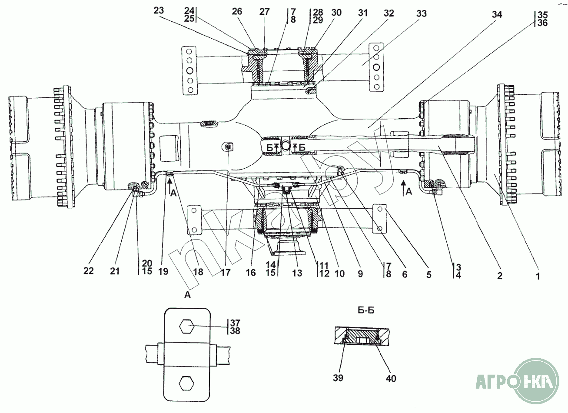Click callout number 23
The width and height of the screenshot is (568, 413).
coord(159,10)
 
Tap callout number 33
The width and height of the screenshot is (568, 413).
coord(422,13)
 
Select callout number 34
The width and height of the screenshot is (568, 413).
coord(497,15)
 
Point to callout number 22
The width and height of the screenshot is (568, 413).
coord(89,271)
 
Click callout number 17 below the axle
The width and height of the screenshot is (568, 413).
coord(226,273)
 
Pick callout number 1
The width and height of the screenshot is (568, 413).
coord(538,276)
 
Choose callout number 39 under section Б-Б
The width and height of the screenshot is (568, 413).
coord(338,378)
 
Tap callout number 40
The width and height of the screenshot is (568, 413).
coord(391,379)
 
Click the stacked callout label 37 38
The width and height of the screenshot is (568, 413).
coord(235,327)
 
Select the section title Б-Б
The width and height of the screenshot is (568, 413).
coord(366,310)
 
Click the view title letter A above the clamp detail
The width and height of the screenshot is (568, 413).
coord(187,295)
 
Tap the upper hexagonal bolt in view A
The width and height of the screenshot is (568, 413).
coord(187,326)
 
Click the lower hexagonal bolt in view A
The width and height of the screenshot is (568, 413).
coord(186,383)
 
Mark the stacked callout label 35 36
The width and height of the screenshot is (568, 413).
coord(542,19)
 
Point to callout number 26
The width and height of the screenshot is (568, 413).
coord(237,11)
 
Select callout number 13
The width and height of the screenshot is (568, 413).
coord(297,273)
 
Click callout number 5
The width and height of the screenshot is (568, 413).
coord(429,274)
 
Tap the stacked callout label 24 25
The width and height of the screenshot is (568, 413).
coord(189,14)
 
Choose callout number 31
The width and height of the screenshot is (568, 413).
coord(362,13)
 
